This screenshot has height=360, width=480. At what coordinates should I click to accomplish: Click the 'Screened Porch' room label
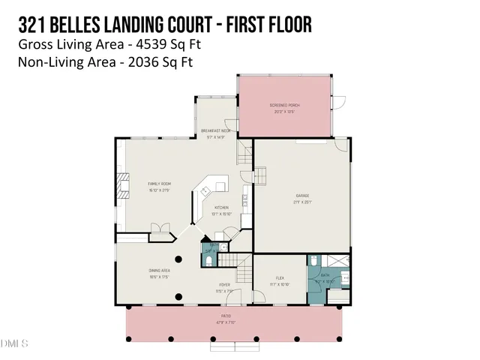[285, 106]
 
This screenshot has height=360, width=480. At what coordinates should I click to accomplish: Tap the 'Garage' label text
[301, 196]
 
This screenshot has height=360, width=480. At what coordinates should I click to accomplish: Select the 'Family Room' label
[159, 184]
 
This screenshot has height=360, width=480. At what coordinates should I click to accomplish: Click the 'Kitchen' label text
[221, 207]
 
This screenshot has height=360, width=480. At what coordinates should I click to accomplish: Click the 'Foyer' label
[224, 286]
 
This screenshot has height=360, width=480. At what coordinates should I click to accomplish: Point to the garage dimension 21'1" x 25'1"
[301, 202]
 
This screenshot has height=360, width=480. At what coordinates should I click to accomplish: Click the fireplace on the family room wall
[160, 229]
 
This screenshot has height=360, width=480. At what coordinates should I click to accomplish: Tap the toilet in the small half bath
[207, 259]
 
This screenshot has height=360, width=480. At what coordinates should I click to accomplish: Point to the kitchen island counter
[210, 187]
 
